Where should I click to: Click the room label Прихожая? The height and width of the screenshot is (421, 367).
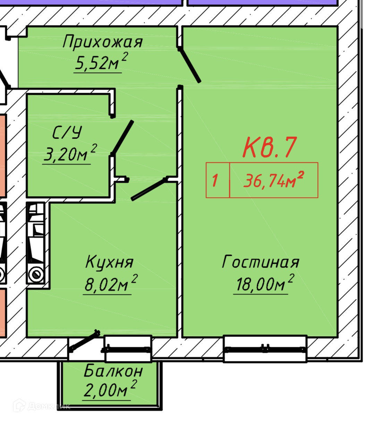click(x=103, y=42)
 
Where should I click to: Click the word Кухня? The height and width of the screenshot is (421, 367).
click(x=109, y=262)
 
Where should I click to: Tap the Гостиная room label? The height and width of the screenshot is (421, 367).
click(x=260, y=262)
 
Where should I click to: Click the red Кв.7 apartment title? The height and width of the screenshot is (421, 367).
click(x=270, y=147)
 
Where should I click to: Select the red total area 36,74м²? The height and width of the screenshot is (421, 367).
click(x=274, y=180)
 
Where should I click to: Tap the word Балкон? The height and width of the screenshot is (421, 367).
click(x=113, y=371)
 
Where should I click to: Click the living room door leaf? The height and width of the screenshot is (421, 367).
click(x=189, y=66)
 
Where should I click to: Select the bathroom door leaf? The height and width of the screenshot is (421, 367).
click(x=122, y=137)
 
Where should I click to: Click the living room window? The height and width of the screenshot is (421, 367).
click(x=265, y=349)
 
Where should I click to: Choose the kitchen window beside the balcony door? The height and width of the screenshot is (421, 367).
click(x=128, y=348)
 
